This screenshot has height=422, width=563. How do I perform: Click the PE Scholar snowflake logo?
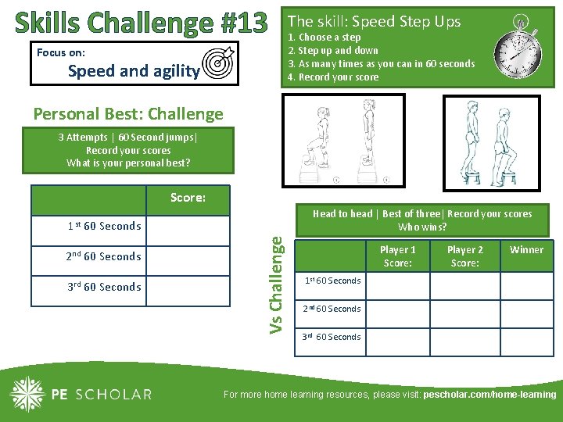(x=28, y=394)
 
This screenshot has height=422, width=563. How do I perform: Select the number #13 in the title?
(x=243, y=23)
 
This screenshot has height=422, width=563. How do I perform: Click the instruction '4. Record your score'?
(x=333, y=77)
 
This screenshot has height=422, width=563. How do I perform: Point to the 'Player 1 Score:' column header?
(x=397, y=256)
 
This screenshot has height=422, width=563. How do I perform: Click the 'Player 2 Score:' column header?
(x=464, y=256)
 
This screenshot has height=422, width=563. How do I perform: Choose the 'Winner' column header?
(x=526, y=250)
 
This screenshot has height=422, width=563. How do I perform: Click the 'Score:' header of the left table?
(x=188, y=198)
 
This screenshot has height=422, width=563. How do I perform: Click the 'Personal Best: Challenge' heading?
(x=128, y=114)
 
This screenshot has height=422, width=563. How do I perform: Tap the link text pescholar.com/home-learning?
(x=489, y=395)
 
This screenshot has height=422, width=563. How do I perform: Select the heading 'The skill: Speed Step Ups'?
(x=375, y=22)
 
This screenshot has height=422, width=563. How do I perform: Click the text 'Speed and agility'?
(x=133, y=71)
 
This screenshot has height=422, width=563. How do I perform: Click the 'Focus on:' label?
(x=61, y=53)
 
